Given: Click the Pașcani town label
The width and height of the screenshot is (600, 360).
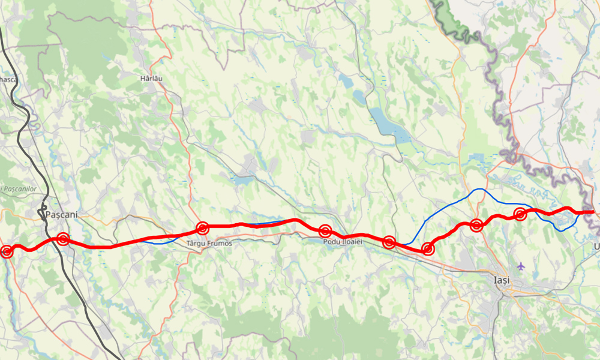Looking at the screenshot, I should pyautogui.click(x=62, y=214).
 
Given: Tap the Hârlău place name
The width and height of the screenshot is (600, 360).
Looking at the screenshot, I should pyautogui.click(x=151, y=79).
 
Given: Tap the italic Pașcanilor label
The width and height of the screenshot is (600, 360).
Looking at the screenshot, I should pyautogui.click(x=20, y=189).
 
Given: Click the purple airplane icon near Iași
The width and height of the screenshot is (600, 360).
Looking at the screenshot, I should pyautogui.click(x=520, y=266).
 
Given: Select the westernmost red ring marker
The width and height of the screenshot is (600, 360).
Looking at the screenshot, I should pyautogui.click(x=7, y=251).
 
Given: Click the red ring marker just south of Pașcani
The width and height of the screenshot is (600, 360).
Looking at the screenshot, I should pyautogui.click(x=62, y=239).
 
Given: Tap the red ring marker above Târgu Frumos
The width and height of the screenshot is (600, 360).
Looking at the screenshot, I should pyautogui.click(x=202, y=228).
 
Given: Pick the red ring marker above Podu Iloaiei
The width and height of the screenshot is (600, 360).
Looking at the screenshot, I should pyautogui.click(x=325, y=231).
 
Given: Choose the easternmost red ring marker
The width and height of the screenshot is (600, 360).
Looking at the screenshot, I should pyautogui.click(x=520, y=214).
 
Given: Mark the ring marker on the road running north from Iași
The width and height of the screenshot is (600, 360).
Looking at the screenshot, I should pyautogui.click(x=476, y=226).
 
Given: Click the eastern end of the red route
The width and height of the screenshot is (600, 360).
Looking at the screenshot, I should pyautogui.click(x=593, y=211).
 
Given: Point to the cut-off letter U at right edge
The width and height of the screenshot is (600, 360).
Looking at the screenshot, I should pyautogui.click(x=596, y=247).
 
